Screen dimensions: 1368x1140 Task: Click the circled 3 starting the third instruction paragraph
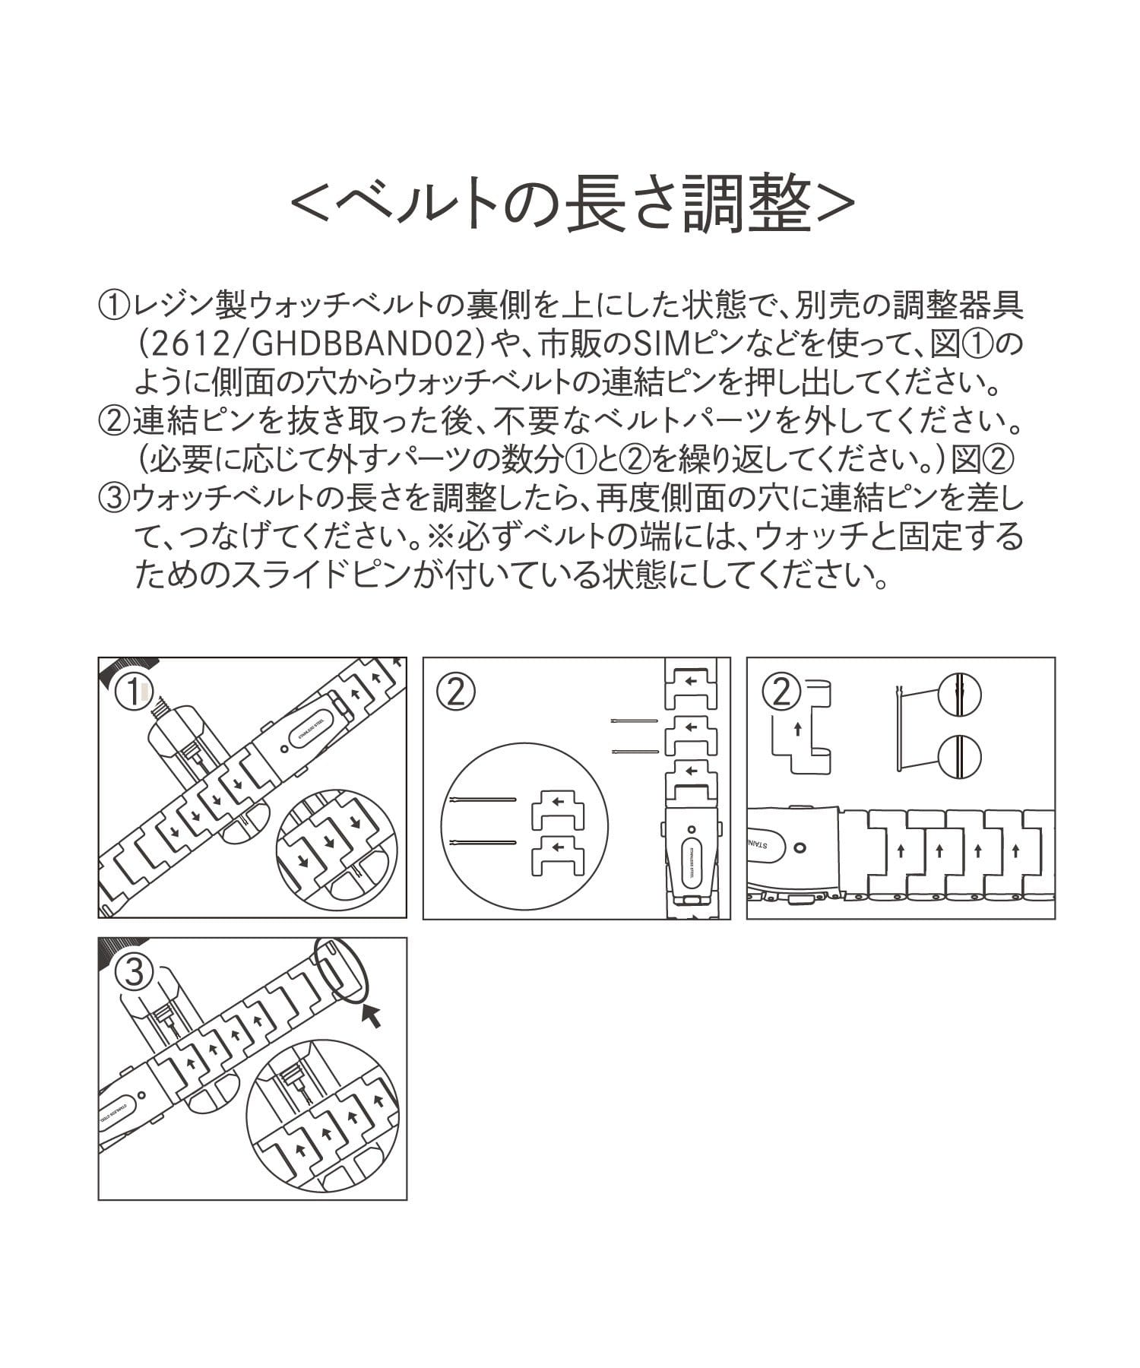click(x=113, y=499)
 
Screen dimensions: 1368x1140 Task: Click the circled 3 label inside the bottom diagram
click(x=134, y=973)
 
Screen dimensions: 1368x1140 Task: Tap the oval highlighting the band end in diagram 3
click(x=341, y=970)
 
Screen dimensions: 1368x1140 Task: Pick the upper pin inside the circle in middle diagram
click(x=482, y=800)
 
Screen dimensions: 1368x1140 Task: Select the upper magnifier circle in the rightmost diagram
click(x=960, y=694)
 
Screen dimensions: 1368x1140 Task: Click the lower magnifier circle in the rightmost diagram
click(x=960, y=756)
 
